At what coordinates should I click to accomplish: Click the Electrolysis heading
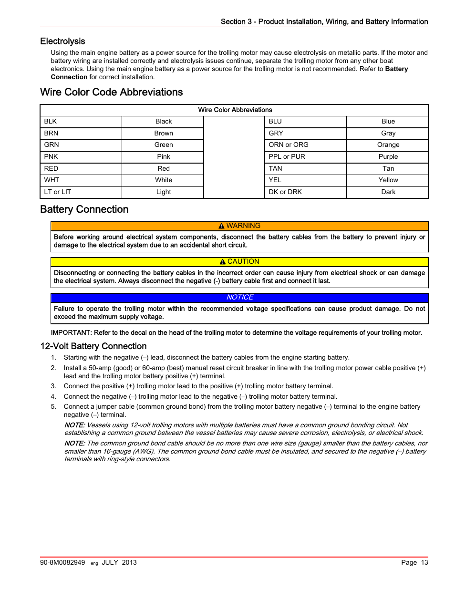[x=62, y=41]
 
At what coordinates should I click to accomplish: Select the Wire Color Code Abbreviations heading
[x=111, y=92]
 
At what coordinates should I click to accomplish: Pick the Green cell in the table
[x=164, y=145]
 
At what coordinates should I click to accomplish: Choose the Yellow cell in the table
[x=388, y=180]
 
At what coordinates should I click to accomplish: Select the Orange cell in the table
[x=388, y=145]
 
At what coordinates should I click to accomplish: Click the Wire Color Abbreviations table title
[x=235, y=110]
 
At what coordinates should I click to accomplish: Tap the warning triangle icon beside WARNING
[x=222, y=226]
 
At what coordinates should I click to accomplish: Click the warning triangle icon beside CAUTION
[x=223, y=262]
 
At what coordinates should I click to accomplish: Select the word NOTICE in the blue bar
[x=240, y=297]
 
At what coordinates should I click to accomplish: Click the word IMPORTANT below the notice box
[x=71, y=333]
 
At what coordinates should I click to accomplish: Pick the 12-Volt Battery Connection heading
[x=93, y=346]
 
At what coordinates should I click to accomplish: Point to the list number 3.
[x=53, y=386]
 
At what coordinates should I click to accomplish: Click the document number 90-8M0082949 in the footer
[x=62, y=563]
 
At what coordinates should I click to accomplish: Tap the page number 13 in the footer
[x=424, y=563]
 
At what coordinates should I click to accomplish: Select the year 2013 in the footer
[x=129, y=563]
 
